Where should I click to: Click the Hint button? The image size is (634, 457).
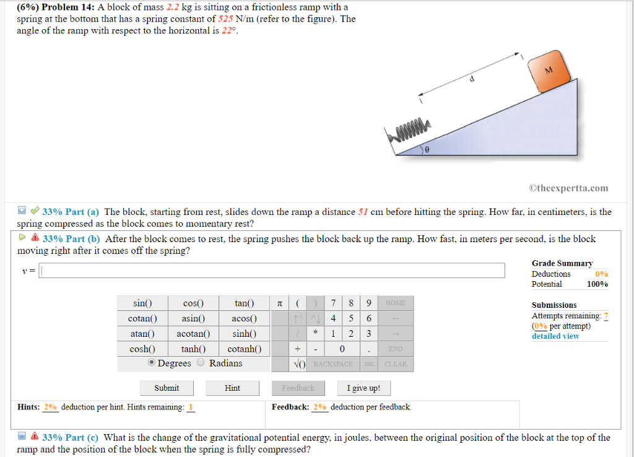[x=232, y=388]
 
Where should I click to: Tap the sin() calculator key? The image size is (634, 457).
[x=142, y=303]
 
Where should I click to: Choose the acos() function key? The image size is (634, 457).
[x=244, y=318]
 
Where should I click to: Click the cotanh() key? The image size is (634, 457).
[x=244, y=349]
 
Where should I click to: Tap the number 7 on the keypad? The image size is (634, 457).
[x=334, y=303]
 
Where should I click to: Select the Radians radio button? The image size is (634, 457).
[x=202, y=363]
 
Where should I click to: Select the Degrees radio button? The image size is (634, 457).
[x=152, y=363]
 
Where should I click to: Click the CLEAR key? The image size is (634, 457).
[x=395, y=364]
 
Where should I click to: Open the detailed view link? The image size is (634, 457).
[x=555, y=336]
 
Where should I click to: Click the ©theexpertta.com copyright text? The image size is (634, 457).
[x=568, y=188]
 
